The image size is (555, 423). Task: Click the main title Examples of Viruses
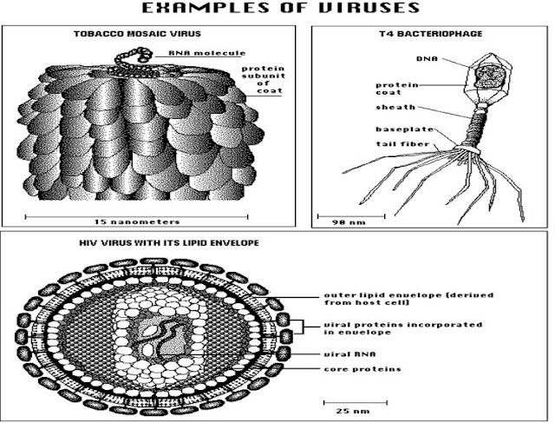click(281, 8)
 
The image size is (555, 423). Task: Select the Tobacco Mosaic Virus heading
click(137, 34)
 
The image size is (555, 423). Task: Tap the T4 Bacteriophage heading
click(431, 34)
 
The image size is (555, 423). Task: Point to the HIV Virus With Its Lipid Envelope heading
click(169, 243)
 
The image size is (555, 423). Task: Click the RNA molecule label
click(206, 53)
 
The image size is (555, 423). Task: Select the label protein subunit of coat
click(264, 79)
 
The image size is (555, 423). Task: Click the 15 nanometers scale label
click(137, 222)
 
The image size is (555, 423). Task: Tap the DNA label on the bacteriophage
click(427, 59)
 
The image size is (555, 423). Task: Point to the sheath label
click(395, 107)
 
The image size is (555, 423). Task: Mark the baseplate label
click(405, 129)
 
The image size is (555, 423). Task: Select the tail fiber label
click(402, 144)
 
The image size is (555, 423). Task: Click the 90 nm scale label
click(349, 222)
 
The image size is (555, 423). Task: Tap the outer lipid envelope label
click(408, 299)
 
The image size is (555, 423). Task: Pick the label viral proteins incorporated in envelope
click(403, 328)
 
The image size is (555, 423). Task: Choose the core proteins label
click(362, 369)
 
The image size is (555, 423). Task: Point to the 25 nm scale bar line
click(356, 402)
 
